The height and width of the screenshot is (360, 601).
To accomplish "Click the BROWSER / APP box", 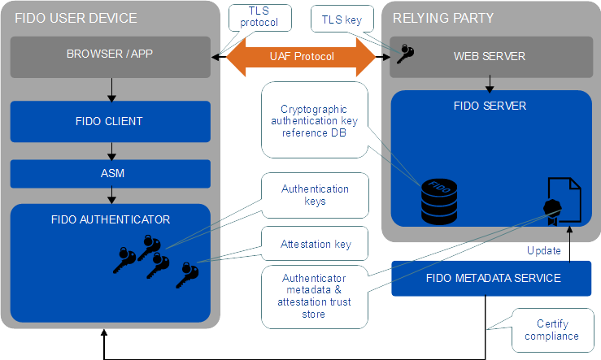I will (110, 56).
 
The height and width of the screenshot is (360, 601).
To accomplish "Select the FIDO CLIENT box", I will (110, 121).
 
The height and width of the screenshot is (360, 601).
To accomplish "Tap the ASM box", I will (110, 173).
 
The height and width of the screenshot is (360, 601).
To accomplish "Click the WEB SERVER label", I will (488, 56).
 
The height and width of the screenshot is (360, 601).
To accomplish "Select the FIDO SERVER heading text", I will (488, 106).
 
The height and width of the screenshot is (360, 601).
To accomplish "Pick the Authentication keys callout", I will (314, 195).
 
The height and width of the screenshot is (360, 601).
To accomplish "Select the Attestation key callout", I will (314, 243).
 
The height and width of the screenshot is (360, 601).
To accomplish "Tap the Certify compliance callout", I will (551, 330).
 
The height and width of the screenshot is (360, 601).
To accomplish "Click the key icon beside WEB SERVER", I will (404, 54).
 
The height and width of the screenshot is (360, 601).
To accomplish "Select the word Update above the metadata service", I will (542, 250).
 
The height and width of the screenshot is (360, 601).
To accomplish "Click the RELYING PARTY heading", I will (442, 18).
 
